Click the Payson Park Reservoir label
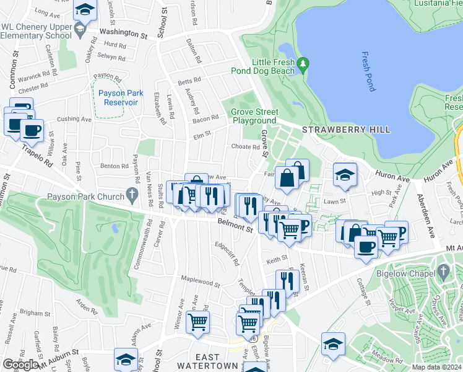[x=121, y=97]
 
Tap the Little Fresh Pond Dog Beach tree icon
[x=303, y=64]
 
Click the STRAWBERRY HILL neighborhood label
[x=346, y=130]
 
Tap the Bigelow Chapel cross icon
[x=442, y=271]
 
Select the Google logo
[x=20, y=365]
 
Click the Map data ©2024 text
[x=436, y=367]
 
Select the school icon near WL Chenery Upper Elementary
[x=84, y=9]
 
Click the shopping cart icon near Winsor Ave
[x=198, y=322]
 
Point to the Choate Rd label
[x=245, y=147]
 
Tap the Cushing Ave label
[x=74, y=118]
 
